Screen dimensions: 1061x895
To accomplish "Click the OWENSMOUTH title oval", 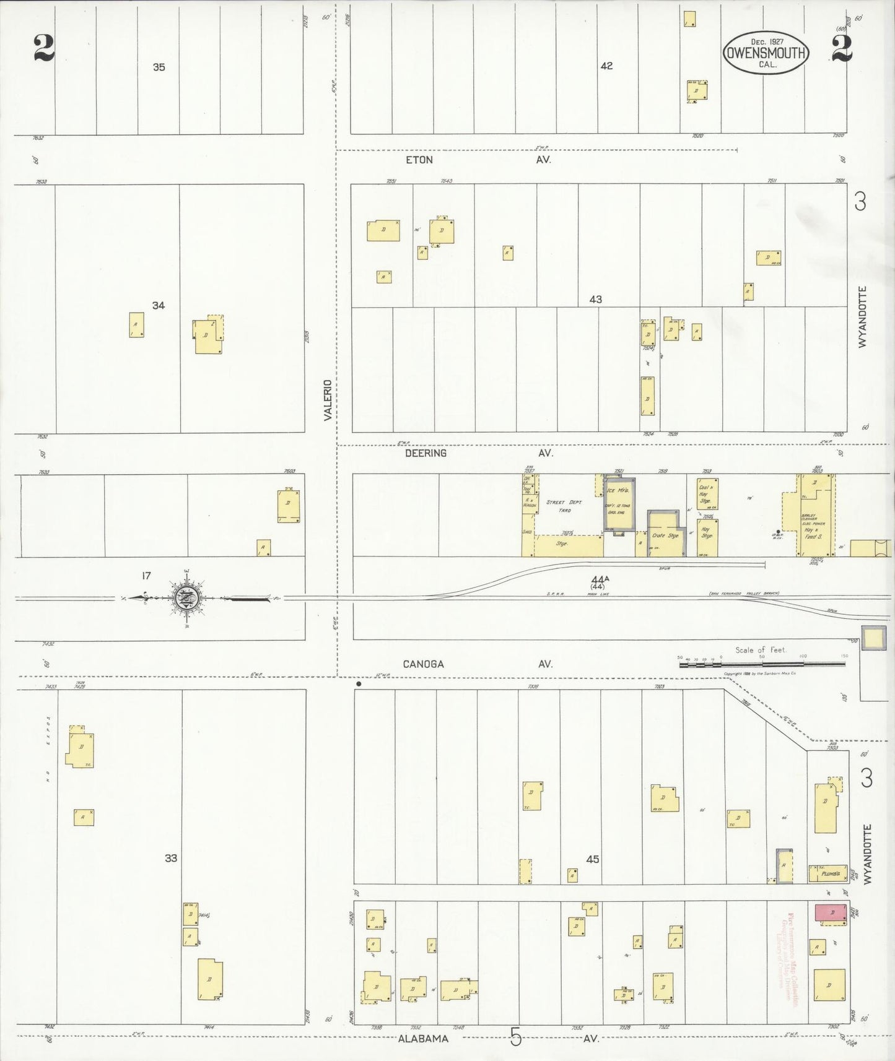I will [x=766, y=53].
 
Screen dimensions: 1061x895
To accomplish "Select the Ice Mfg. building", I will [x=619, y=505].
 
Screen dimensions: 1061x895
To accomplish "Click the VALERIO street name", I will [x=328, y=400].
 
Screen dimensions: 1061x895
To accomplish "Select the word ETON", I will [x=419, y=160].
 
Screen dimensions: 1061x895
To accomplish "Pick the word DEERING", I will [x=426, y=453].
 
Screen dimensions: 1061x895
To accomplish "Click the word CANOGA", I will [x=423, y=664].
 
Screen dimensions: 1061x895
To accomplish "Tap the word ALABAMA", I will [x=423, y=1039].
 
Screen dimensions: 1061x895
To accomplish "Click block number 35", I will [x=159, y=67].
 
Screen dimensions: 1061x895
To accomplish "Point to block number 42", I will [x=606, y=66].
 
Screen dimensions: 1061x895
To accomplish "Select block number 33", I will [x=171, y=858].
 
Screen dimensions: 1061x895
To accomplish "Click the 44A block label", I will [x=600, y=579].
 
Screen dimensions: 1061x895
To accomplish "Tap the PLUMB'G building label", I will [x=828, y=873].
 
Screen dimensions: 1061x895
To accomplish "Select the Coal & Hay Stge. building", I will [x=707, y=493].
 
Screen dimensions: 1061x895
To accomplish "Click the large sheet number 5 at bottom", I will [x=515, y=1036].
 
